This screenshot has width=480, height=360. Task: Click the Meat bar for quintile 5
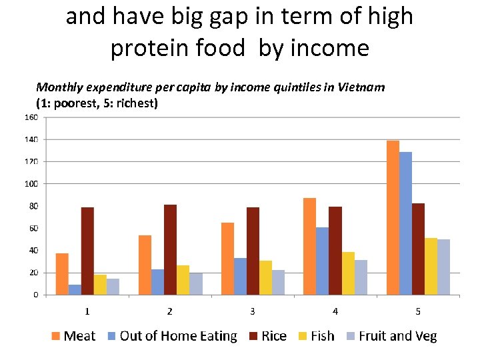point(393,217)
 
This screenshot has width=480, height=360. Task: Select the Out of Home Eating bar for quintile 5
point(405,223)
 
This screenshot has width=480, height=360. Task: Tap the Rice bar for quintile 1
point(87,251)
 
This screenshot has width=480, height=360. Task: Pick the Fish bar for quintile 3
point(265,277)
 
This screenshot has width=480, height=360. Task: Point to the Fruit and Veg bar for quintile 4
point(361,277)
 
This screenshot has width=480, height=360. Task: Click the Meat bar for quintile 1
point(62,273)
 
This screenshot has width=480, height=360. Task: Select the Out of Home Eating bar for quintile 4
point(323,261)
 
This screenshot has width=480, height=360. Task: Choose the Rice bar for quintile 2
point(170,249)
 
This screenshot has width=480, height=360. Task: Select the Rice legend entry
point(267,336)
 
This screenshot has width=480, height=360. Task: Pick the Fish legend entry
point(316,336)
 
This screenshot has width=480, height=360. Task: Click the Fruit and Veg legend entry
point(391,336)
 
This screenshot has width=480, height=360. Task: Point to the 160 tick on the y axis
point(31,117)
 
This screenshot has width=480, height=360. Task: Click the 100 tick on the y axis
point(31,184)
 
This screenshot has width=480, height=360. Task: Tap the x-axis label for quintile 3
point(253,311)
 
